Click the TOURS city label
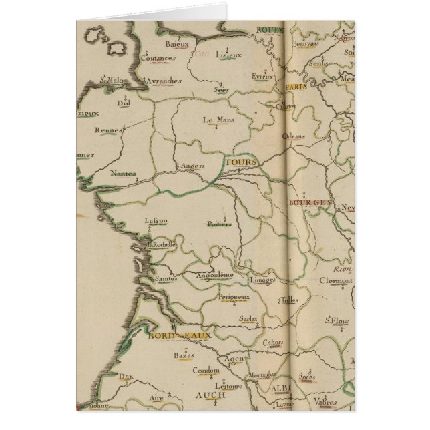click(238, 162)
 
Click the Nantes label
click(123, 172)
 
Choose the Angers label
click(191, 166)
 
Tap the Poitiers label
click(219, 224)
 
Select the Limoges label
click(262, 280)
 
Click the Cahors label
click(272, 343)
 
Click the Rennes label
click(107, 130)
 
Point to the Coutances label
click(159, 58)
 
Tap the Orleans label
click(293, 136)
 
